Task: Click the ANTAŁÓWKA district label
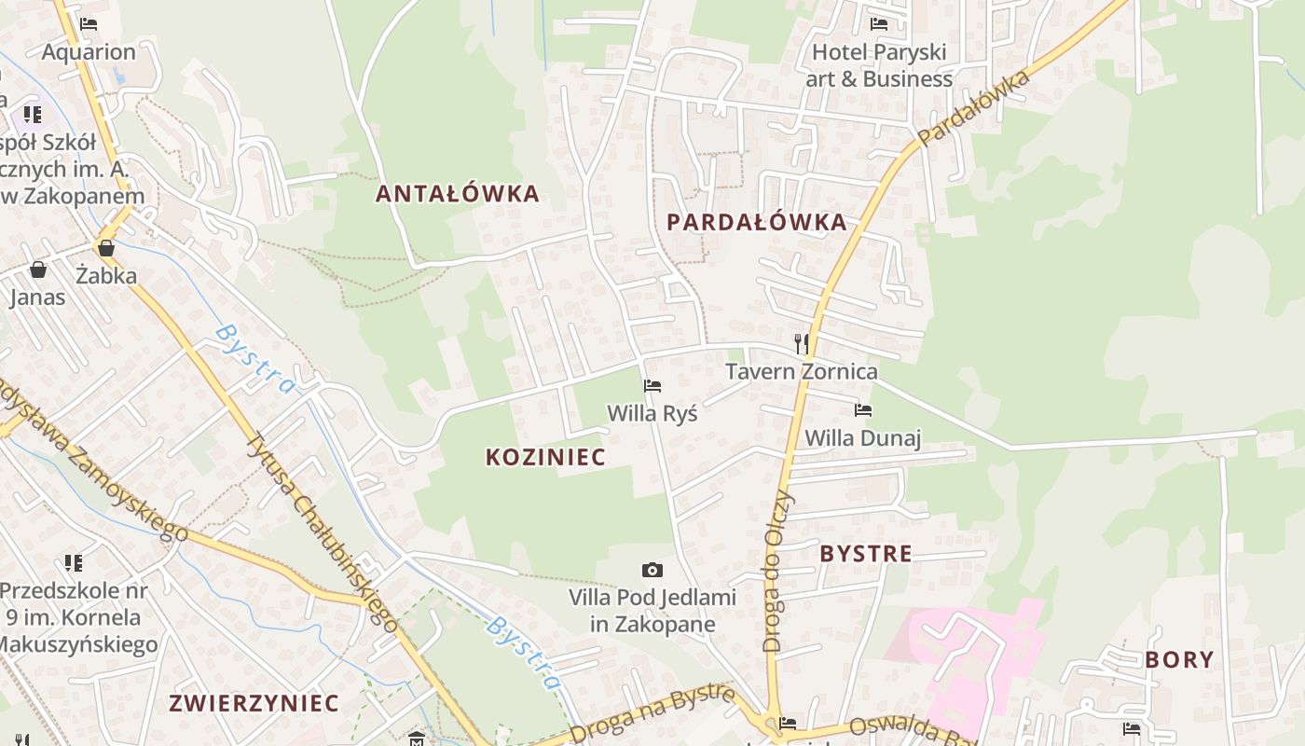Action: (x=457, y=194)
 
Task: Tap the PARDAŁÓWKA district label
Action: (x=756, y=222)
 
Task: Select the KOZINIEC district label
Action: (x=545, y=457)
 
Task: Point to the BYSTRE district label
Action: (x=866, y=553)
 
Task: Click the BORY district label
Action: (x=1179, y=659)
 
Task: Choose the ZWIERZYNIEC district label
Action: (x=254, y=703)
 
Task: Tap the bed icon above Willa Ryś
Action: (x=652, y=385)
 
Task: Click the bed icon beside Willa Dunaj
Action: (x=863, y=409)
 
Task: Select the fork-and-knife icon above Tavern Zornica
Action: (x=801, y=343)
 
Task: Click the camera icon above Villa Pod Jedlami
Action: (x=652, y=570)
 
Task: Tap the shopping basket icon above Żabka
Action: (x=106, y=248)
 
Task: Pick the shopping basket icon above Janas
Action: (x=38, y=269)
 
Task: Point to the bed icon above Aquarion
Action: (x=89, y=24)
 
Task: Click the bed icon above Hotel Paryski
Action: (x=878, y=24)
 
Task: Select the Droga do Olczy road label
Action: (x=776, y=571)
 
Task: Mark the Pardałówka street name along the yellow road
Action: (x=975, y=106)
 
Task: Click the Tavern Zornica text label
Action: (x=802, y=371)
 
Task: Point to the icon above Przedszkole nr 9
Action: (x=74, y=563)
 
